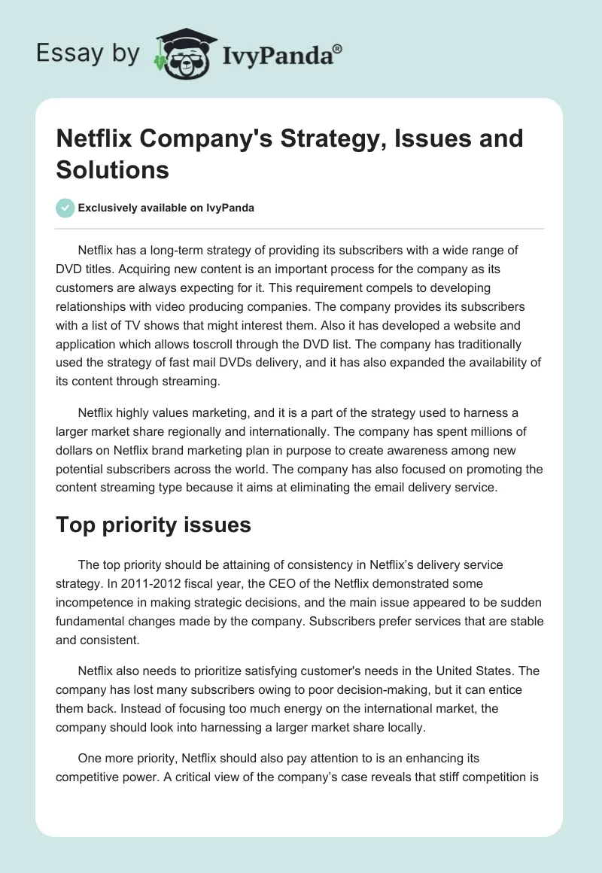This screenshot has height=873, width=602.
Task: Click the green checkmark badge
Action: [x=65, y=208]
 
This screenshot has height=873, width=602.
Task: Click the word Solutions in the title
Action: [x=113, y=169]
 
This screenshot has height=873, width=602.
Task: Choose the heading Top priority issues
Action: [x=154, y=525]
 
